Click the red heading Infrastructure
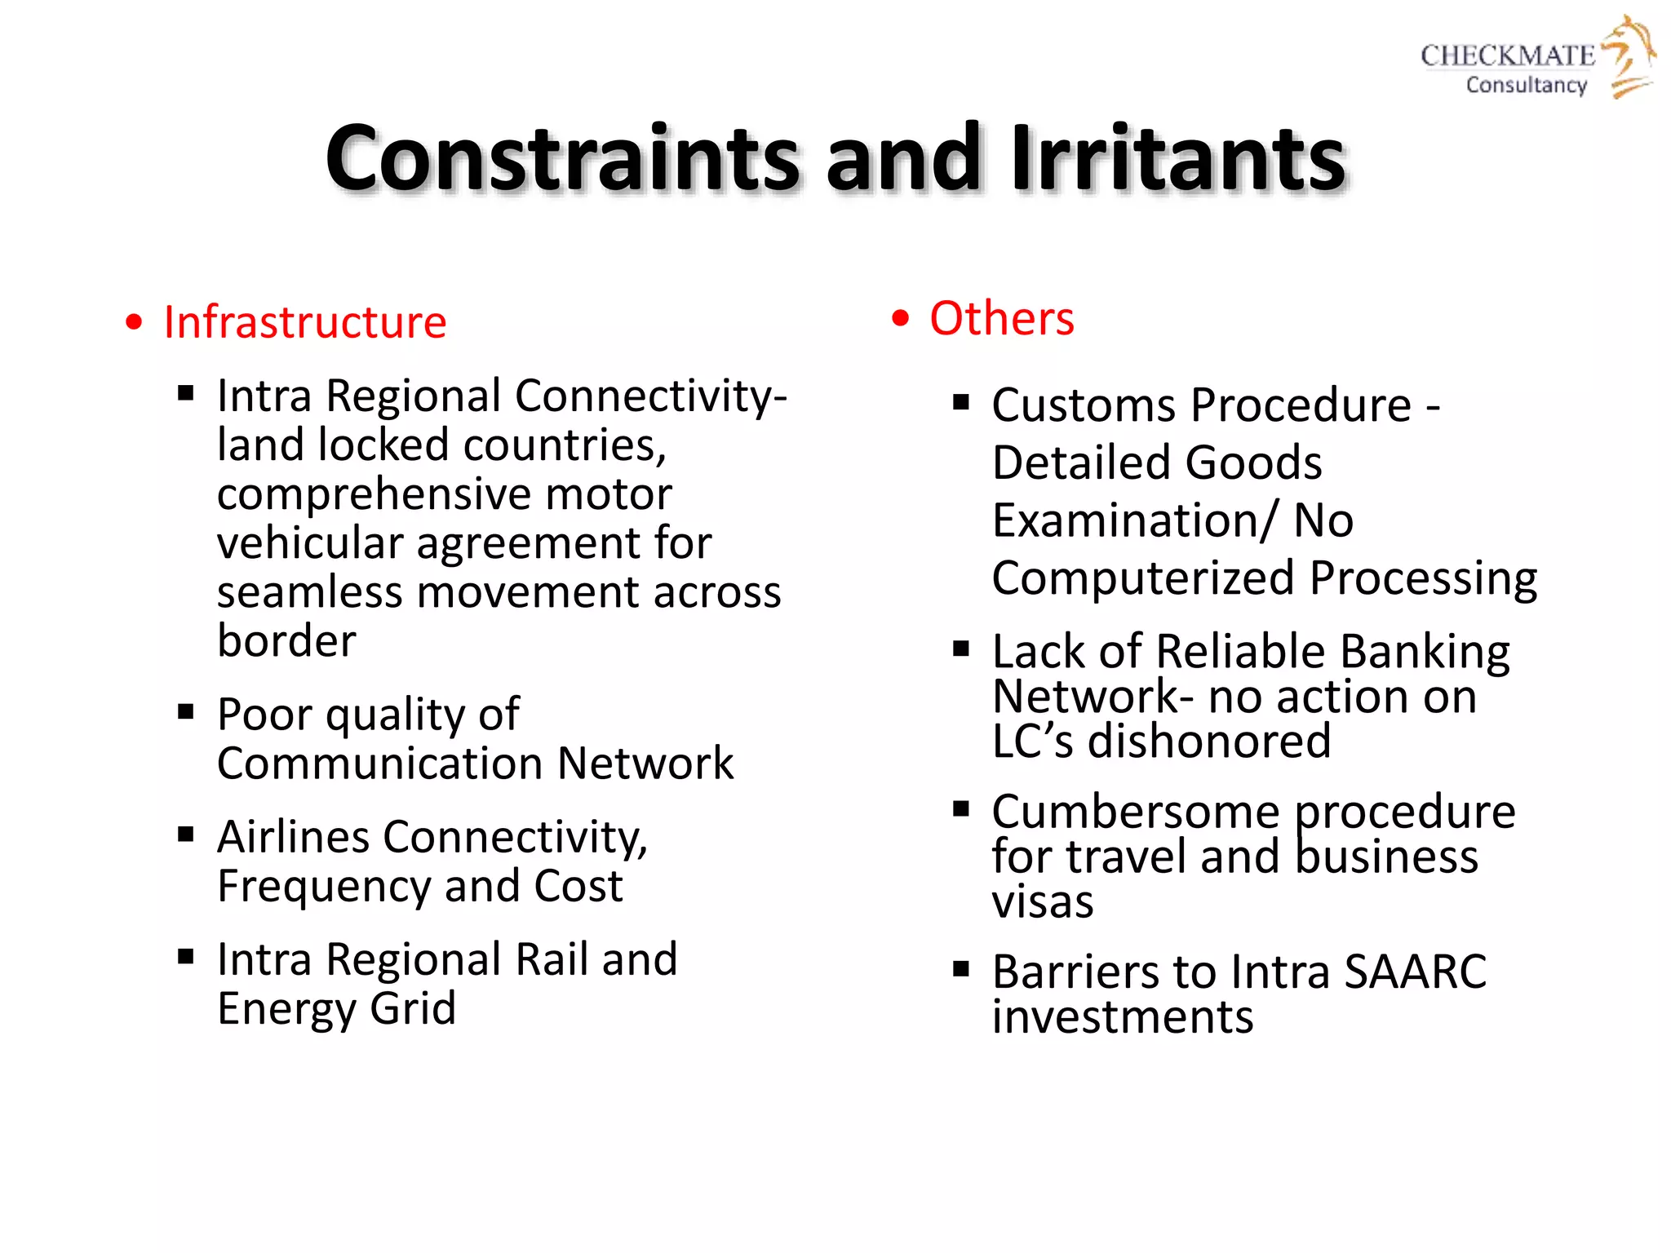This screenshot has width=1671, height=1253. (x=304, y=321)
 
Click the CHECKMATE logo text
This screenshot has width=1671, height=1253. (x=1507, y=55)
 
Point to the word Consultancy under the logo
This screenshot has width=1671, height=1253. (x=1526, y=85)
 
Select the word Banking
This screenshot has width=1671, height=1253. (x=1425, y=652)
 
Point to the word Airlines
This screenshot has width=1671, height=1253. (x=294, y=837)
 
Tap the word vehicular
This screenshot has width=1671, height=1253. (x=310, y=543)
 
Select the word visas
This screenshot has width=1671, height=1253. (x=1042, y=902)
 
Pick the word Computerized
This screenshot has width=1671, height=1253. (x=1143, y=578)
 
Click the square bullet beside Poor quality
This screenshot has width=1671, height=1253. (x=186, y=711)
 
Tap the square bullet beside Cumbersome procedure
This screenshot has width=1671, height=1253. (x=961, y=808)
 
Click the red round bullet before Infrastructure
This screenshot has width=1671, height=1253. (x=134, y=322)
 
